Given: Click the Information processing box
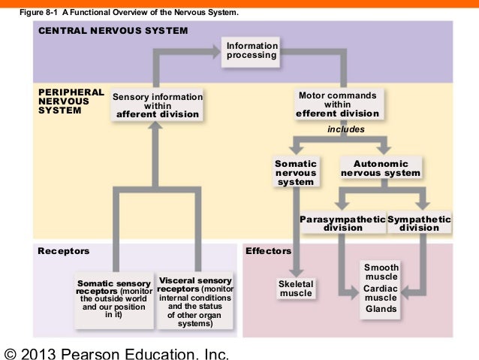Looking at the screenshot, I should (x=252, y=52).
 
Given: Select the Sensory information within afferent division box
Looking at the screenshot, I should (x=157, y=105).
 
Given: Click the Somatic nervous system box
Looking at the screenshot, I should (x=295, y=172).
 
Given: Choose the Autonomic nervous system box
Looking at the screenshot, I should (x=381, y=168).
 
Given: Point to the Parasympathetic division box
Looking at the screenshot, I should (x=342, y=223).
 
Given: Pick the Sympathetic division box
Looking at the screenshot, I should (x=420, y=223).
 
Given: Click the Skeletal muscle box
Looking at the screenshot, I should (x=295, y=288).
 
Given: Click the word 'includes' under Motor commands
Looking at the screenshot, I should (x=346, y=129).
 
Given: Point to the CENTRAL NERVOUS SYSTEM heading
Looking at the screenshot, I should (x=113, y=31).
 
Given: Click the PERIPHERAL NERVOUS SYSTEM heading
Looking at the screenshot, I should (x=70, y=101).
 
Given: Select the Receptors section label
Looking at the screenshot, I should (x=63, y=250).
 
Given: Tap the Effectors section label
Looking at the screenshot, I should (x=267, y=250).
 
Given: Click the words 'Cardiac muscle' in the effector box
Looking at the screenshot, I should (x=381, y=293).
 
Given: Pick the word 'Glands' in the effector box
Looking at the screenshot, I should (x=381, y=309).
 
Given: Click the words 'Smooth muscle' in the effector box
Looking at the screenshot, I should (x=381, y=272).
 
